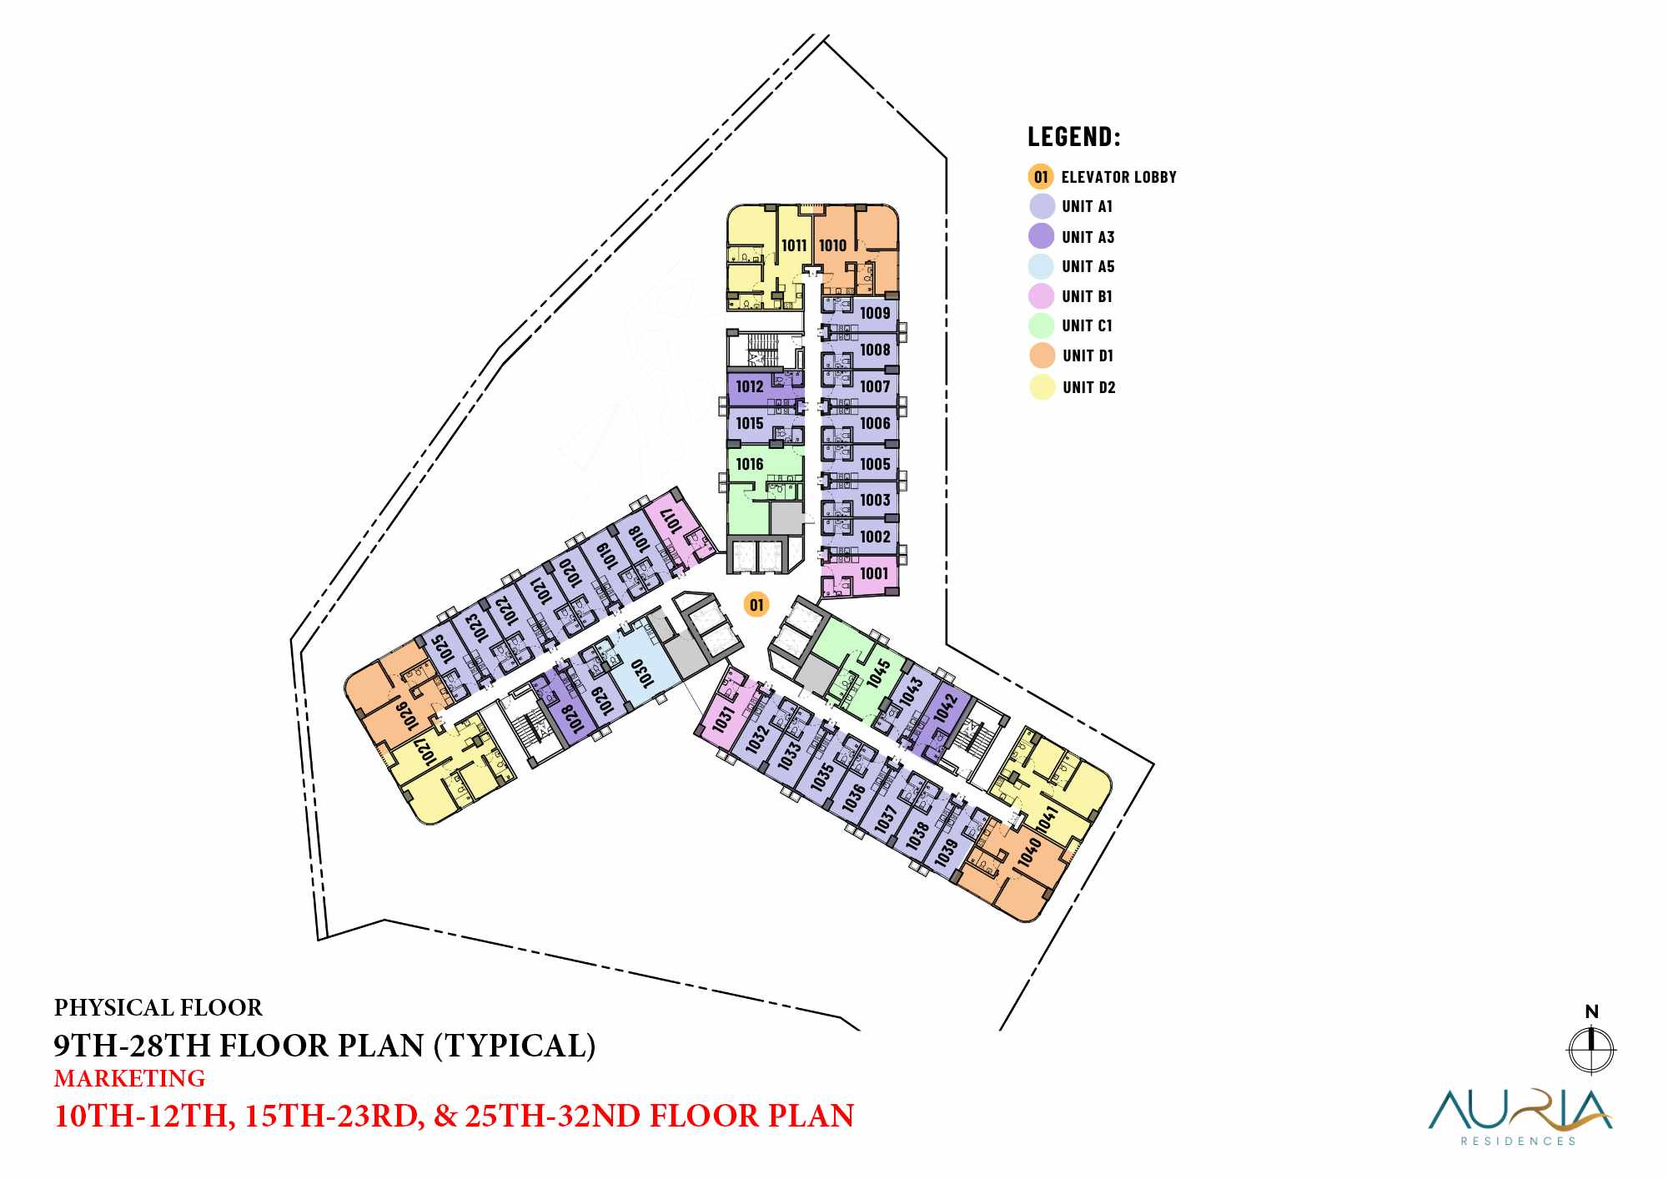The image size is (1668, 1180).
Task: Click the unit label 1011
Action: pos(794,245)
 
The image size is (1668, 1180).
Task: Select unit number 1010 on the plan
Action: pos(832,245)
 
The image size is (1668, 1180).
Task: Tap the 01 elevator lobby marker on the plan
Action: pos(756,605)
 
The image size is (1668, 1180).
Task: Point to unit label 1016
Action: pos(750,464)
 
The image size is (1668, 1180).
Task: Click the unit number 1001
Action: pos(874,573)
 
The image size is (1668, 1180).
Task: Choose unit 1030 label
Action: pos(641,673)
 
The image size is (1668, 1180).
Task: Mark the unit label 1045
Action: pos(878,673)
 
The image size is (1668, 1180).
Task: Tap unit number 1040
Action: pos(1029,852)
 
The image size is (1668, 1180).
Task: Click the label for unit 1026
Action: pos(406,715)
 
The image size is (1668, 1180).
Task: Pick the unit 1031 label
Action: pos(723,718)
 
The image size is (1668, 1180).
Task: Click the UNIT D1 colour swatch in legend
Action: pos(1042,356)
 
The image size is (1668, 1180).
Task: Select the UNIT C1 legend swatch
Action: pos(1042,325)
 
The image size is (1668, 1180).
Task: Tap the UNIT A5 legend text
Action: pos(1088,267)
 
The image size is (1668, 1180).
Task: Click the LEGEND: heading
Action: pos(1074,136)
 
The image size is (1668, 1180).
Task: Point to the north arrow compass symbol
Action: pos(1591,1049)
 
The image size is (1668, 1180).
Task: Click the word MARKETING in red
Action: pos(129,1078)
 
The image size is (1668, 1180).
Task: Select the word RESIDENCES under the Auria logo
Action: pos(1518,1141)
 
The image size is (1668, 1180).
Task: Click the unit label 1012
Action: pos(750,386)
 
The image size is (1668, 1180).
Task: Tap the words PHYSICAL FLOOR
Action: pos(158,1008)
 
